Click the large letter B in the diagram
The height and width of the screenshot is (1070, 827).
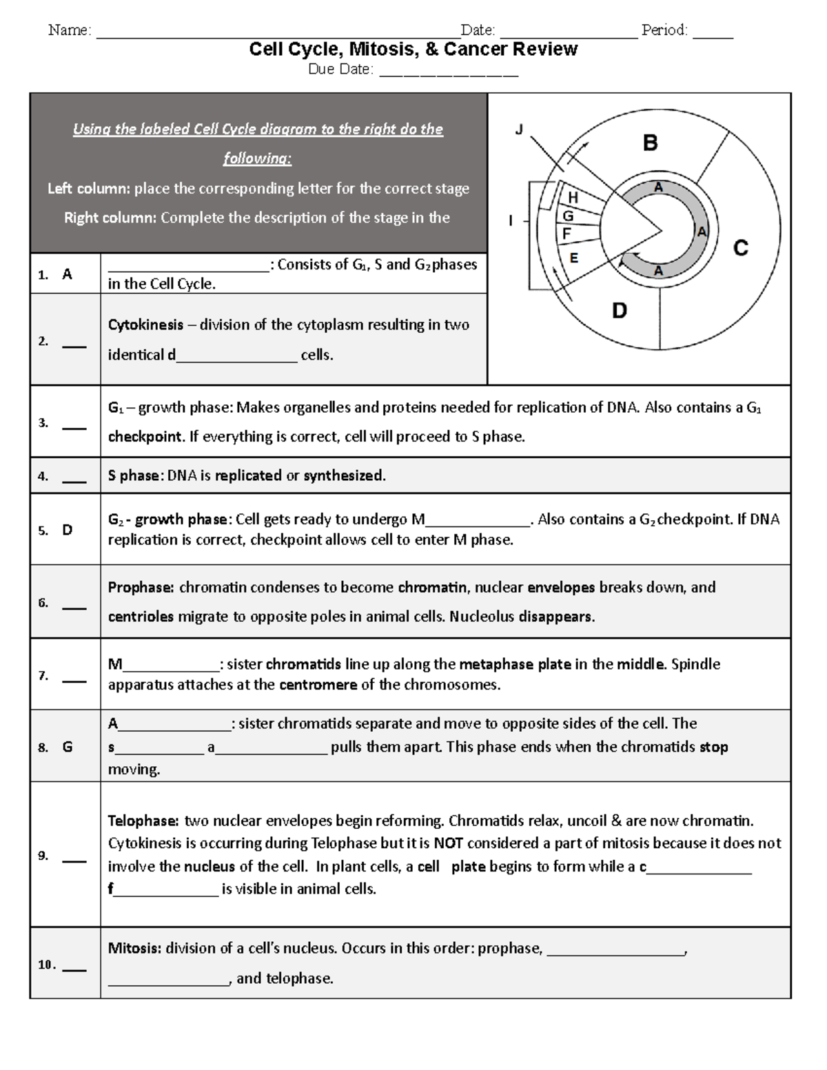(650, 143)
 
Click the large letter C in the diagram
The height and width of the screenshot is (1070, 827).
(741, 248)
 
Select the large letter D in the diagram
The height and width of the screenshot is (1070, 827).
(620, 311)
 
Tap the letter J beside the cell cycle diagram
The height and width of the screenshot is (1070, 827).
(520, 129)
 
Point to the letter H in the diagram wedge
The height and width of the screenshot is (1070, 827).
(573, 198)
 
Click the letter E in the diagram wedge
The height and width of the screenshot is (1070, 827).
(573, 258)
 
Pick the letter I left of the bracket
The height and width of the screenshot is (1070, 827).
(511, 221)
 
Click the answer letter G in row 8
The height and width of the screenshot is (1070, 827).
(68, 747)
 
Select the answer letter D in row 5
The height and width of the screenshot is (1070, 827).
(68, 530)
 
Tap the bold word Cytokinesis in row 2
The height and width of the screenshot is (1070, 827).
(145, 325)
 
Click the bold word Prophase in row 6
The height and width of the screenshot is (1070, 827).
(141, 587)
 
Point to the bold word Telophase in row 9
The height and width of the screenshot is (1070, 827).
(143, 821)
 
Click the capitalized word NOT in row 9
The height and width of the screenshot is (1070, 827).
(448, 843)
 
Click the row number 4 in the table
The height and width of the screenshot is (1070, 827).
(43, 476)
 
